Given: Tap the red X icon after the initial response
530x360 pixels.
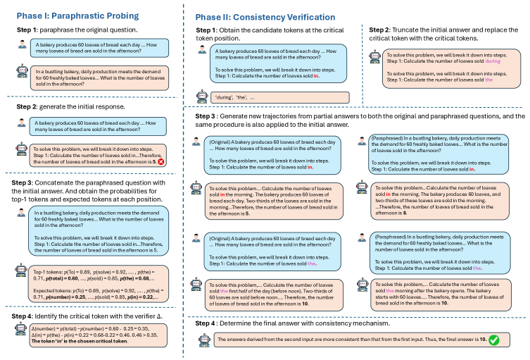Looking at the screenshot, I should [163, 161].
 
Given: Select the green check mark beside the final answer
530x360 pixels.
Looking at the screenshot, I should [494, 340].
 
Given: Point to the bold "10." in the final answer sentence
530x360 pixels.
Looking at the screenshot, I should [480, 340].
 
